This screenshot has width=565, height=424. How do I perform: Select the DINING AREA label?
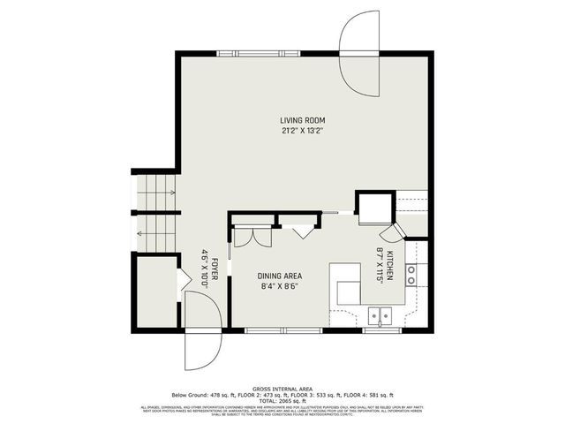pyautogui.click(x=279, y=276)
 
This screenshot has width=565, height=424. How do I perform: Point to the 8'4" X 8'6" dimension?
pyautogui.click(x=279, y=286)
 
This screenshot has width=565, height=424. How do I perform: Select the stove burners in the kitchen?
pyautogui.click(x=411, y=274)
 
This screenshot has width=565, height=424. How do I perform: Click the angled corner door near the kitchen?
pyautogui.click(x=390, y=232)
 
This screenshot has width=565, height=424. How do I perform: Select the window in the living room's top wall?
pyautogui.click(x=260, y=54)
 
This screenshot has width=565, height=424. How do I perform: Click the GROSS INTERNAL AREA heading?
pyautogui.click(x=282, y=388)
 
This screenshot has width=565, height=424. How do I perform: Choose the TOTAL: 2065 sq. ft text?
pyautogui.click(x=282, y=400)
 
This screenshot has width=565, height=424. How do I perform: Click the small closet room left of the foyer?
pyautogui.click(x=155, y=291)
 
